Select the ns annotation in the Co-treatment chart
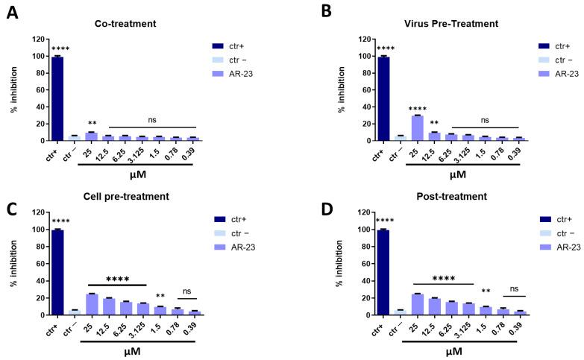tap(152, 119)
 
